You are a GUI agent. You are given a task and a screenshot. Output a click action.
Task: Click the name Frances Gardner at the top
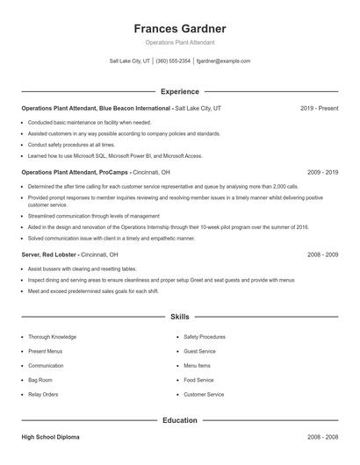coord(179,28)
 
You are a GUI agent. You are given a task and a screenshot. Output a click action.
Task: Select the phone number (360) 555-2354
coord(173,61)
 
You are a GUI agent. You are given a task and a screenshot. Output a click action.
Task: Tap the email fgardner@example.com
coord(223,61)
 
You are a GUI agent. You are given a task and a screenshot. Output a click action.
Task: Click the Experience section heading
coord(179,91)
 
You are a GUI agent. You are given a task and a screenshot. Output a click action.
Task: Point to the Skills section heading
coord(179,316)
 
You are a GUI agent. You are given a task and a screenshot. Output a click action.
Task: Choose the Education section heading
coord(179,420)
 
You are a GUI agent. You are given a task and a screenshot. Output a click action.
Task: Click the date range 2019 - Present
coord(319,108)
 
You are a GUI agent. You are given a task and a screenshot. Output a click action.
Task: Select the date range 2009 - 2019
coord(322,173)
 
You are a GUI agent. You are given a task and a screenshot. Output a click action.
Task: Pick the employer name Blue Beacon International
coord(134,108)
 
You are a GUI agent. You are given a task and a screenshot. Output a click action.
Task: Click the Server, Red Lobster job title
coord(49,254)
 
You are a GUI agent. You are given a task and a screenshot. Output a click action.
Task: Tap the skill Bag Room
coord(40,380)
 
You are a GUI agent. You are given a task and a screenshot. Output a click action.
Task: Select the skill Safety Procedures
coord(205,337)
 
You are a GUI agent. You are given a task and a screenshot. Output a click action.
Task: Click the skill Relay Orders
coord(43,395)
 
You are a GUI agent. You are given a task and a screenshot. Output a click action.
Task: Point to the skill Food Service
coord(198,380)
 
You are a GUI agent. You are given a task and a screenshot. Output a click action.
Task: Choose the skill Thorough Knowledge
coord(52,337)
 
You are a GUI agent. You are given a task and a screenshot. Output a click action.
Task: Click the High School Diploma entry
coord(52,436)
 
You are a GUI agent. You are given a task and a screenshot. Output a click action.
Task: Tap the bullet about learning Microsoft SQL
coord(115,155)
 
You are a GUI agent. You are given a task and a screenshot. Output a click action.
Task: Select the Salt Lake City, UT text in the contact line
coord(130,61)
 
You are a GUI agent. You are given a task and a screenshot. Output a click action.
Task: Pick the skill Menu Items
coord(197,366)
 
